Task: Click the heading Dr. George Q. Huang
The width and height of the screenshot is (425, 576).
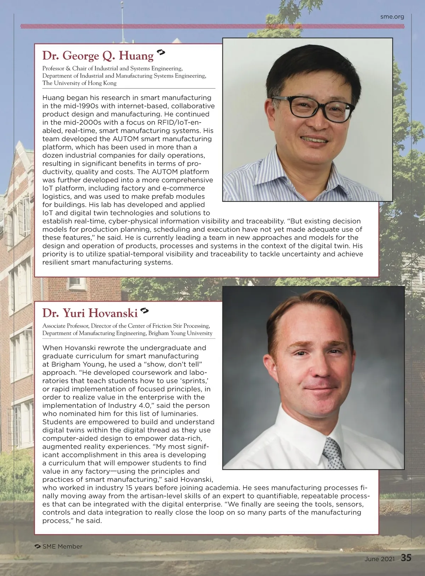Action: (x=98, y=56)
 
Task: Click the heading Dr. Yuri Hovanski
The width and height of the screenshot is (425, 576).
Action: (x=90, y=313)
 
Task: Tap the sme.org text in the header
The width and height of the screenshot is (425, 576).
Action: (x=392, y=16)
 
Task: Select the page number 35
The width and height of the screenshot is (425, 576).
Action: (x=406, y=558)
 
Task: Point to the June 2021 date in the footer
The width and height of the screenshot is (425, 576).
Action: (x=379, y=559)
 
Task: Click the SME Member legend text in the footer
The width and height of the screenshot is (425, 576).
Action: (x=62, y=546)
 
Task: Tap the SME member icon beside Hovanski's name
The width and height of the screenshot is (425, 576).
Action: (x=144, y=311)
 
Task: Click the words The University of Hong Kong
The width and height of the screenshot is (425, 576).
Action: (x=79, y=83)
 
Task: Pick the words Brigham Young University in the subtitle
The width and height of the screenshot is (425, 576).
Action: (x=180, y=333)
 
